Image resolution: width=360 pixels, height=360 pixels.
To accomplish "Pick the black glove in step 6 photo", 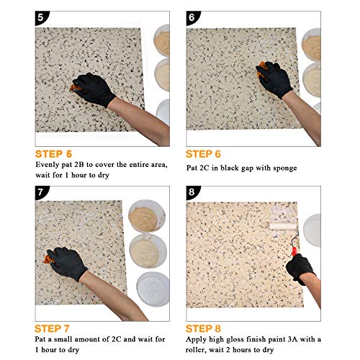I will (x=273, y=81).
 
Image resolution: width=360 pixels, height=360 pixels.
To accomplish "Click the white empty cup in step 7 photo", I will (x=153, y=288).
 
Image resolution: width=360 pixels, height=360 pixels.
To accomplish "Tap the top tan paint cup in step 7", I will (x=149, y=213).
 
